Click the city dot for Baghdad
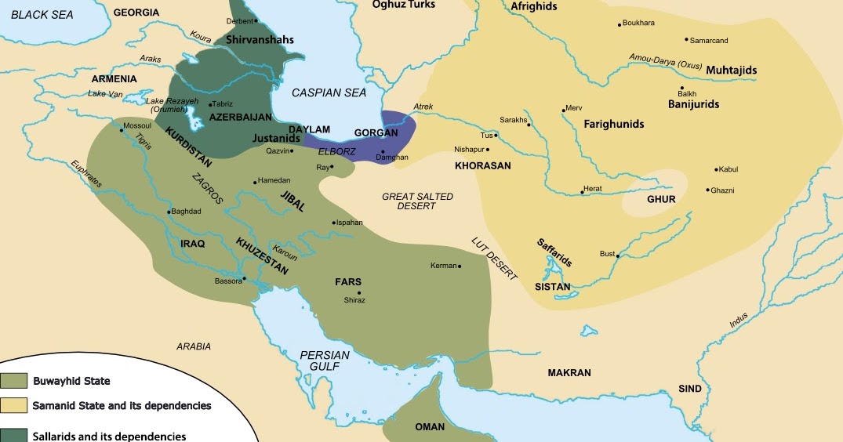[169, 212]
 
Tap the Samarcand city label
[709, 40]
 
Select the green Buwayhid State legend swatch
[14, 382]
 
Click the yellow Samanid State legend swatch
[14, 406]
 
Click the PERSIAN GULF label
[325, 361]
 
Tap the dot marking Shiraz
[359, 292]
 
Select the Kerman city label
[443, 266]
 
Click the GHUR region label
[661, 199]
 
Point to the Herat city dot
[581, 190]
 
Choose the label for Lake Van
[107, 94]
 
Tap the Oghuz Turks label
[403, 5]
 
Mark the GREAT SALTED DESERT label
[417, 201]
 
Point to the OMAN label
[430, 427]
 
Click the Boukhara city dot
[620, 25]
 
